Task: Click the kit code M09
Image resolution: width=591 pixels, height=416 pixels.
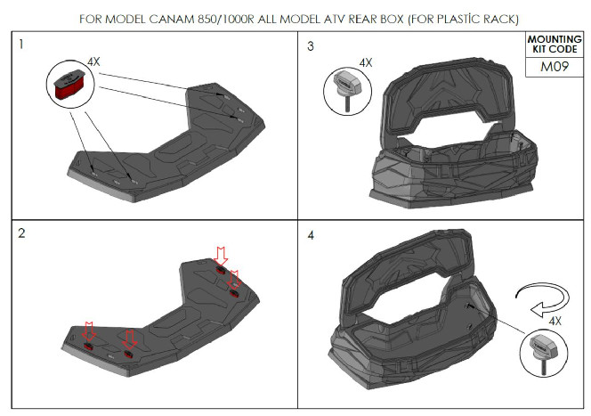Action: click(x=554, y=67)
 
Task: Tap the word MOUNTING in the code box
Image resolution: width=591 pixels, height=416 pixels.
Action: click(x=555, y=39)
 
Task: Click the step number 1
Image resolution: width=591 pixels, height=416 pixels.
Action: click(x=21, y=45)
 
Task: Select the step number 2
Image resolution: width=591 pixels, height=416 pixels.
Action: click(x=21, y=233)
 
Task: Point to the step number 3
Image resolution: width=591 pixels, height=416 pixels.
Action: click(x=311, y=46)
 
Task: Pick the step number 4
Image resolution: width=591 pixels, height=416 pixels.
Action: click(x=311, y=235)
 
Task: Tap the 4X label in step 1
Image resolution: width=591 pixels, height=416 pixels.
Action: click(x=93, y=61)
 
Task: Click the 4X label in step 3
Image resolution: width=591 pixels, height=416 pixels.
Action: click(x=365, y=62)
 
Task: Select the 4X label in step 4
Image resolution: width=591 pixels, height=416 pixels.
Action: click(x=555, y=321)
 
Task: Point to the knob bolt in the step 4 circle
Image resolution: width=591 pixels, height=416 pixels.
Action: click(x=544, y=353)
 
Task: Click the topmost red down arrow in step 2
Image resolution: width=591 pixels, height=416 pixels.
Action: click(x=221, y=256)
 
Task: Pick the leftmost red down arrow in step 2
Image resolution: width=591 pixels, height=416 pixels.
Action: click(x=89, y=331)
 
